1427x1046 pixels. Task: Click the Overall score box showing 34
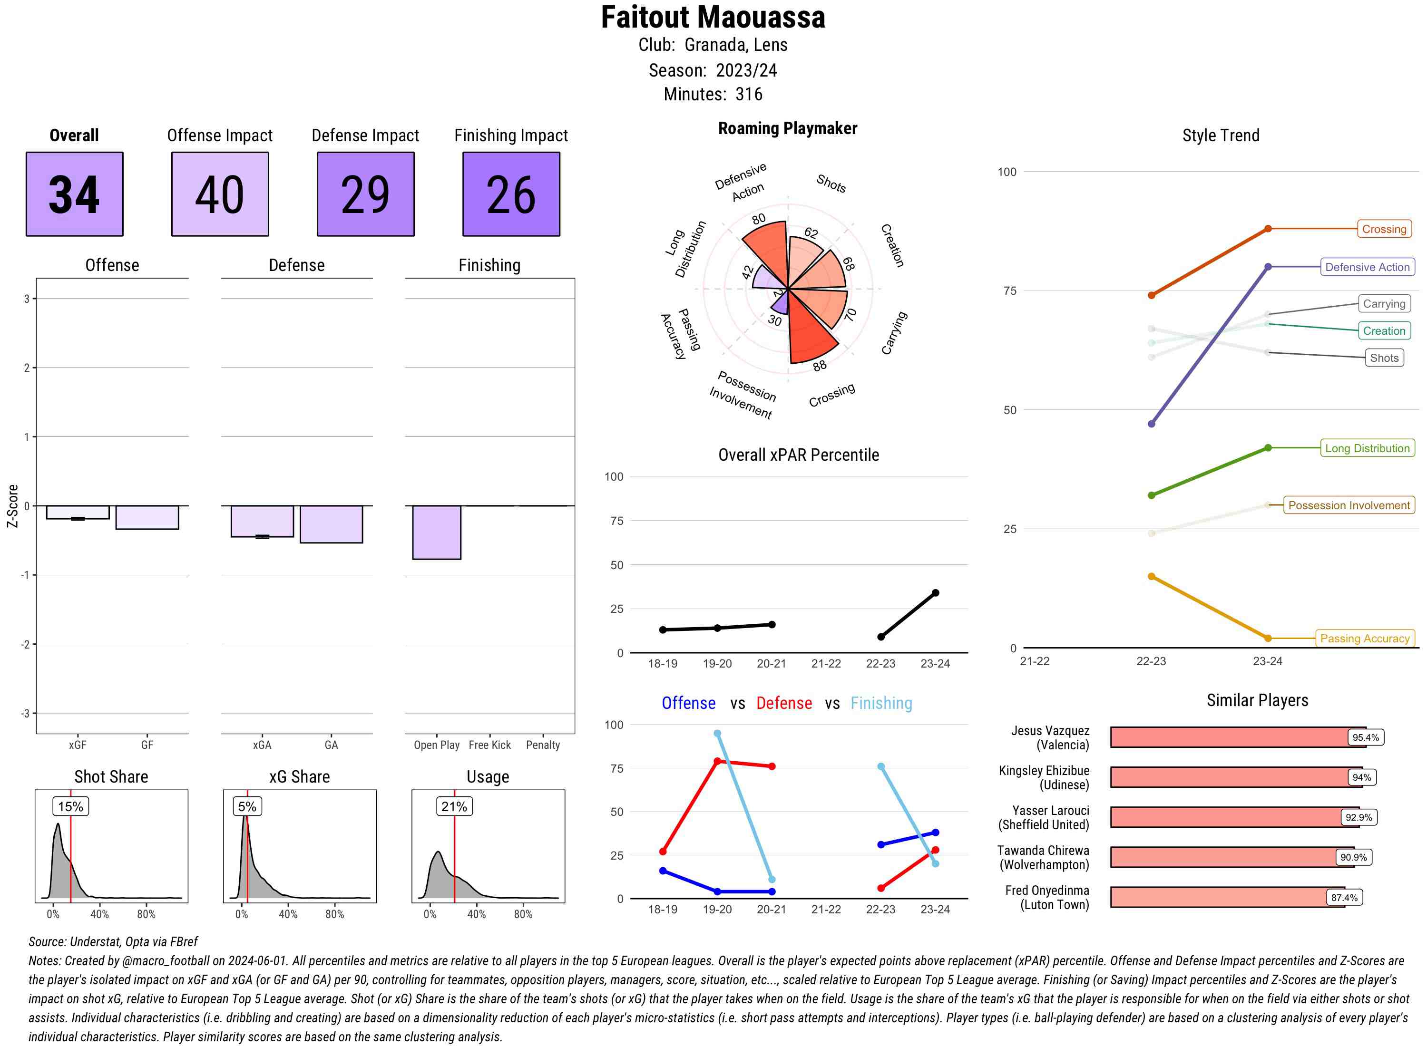coord(74,194)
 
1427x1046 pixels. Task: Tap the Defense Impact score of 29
coord(365,194)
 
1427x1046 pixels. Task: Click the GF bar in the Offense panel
coord(147,517)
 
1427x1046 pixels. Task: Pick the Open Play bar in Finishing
coord(436,532)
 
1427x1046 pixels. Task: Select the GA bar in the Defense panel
coord(331,524)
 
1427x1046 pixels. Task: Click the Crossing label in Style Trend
coord(1383,229)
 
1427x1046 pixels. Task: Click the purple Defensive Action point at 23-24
coord(1267,267)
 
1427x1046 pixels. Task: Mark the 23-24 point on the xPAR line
coord(935,592)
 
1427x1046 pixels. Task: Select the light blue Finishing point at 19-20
coord(717,733)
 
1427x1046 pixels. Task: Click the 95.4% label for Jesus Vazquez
coord(1365,737)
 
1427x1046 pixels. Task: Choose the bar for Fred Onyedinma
coord(1226,897)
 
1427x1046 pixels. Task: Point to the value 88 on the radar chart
coord(820,366)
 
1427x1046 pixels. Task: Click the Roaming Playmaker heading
coord(787,128)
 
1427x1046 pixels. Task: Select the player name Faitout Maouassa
coord(713,18)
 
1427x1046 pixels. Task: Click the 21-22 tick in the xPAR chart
coord(826,664)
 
